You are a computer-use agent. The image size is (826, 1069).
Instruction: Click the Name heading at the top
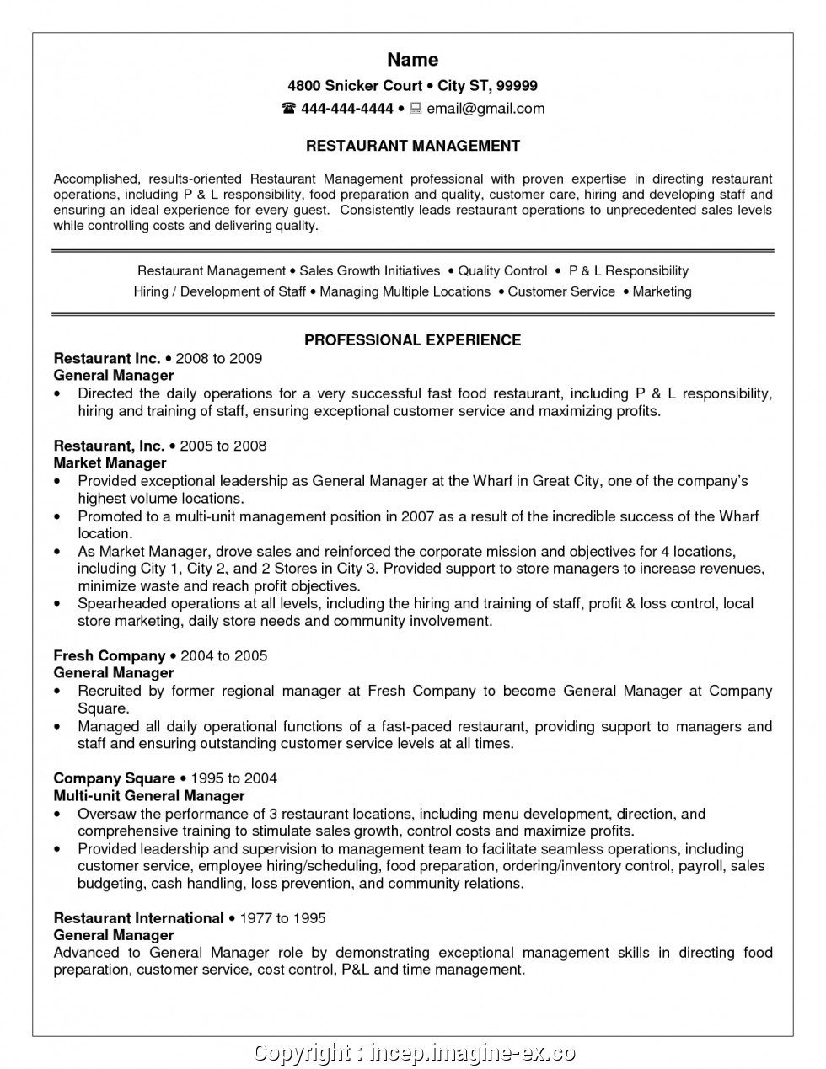tap(413, 60)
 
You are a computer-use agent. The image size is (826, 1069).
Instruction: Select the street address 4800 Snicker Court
tap(355, 86)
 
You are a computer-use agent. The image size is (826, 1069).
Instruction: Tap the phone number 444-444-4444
tap(347, 109)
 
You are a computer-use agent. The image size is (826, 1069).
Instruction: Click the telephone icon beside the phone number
tap(289, 109)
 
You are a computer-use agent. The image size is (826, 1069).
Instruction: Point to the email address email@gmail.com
tap(485, 109)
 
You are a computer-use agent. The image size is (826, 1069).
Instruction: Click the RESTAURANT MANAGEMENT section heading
tap(413, 147)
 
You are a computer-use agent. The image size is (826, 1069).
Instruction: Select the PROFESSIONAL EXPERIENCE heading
tap(413, 340)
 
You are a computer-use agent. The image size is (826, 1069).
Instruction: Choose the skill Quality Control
tap(502, 271)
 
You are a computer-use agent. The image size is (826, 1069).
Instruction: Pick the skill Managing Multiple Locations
tap(405, 292)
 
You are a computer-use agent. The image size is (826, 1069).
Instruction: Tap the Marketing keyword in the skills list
tap(662, 292)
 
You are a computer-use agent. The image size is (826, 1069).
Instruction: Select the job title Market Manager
tap(110, 463)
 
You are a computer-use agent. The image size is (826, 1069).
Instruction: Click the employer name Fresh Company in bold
tap(110, 656)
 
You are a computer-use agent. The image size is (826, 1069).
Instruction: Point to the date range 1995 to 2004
tap(234, 779)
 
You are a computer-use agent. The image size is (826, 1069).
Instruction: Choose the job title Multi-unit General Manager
tap(149, 796)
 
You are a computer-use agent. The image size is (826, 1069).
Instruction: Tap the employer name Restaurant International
tap(138, 919)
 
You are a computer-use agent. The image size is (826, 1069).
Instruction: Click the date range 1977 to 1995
tap(283, 919)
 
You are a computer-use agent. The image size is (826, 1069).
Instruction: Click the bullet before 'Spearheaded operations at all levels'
tap(57, 604)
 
